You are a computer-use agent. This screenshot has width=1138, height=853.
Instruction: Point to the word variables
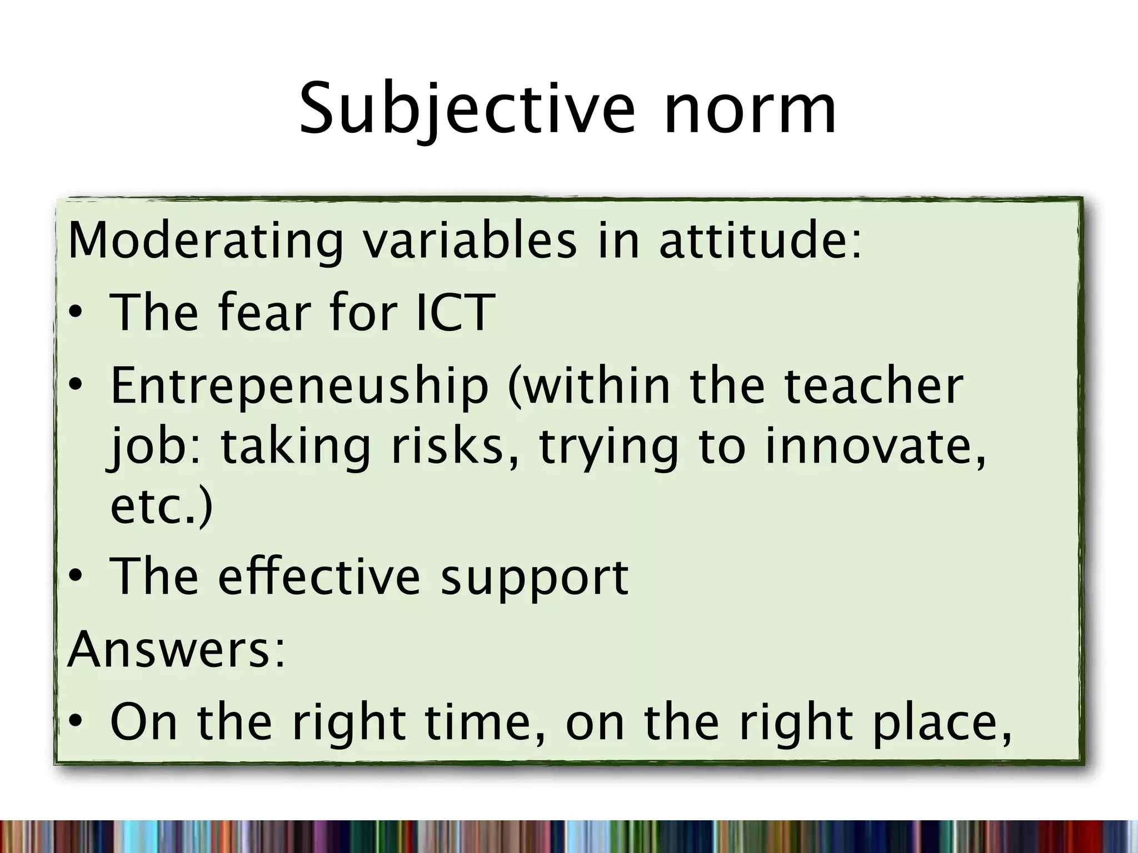click(470, 240)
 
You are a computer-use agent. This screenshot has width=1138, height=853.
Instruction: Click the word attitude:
click(760, 240)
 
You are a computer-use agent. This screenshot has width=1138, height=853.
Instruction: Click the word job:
click(156, 447)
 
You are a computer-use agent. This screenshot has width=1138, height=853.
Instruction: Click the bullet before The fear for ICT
click(76, 314)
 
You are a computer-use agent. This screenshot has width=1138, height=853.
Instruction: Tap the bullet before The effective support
click(76, 578)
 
